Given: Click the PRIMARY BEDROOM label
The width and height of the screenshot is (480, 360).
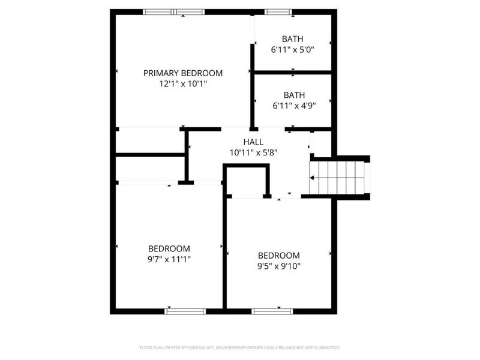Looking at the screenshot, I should [182, 73].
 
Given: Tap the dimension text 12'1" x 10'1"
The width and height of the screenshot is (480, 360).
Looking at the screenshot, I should [182, 84].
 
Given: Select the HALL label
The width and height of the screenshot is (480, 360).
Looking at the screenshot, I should [253, 142].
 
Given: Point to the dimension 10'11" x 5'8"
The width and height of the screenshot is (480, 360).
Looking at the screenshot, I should [253, 152].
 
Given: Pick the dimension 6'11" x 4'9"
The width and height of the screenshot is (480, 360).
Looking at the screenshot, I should [294, 106].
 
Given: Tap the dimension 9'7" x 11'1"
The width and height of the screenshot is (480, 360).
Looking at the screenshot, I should [169, 259].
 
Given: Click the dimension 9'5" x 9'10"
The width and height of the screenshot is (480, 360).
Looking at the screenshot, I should [278, 266].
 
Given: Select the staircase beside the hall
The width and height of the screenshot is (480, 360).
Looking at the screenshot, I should [338, 178].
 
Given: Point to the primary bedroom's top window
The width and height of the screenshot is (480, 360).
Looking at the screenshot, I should [174, 11].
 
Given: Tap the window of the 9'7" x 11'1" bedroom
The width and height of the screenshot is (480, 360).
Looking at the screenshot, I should [185, 311].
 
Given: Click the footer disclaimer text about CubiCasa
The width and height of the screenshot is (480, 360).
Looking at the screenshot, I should [239, 347].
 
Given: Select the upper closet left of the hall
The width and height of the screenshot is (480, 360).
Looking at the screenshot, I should [150, 140].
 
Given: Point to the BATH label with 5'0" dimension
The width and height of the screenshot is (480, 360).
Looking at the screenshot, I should [293, 39].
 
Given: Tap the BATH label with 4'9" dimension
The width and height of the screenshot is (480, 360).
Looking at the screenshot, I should [294, 95].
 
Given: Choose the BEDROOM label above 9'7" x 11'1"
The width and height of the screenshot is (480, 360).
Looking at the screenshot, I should [169, 248].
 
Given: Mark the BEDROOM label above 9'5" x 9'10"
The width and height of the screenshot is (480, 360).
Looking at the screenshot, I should [278, 255].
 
